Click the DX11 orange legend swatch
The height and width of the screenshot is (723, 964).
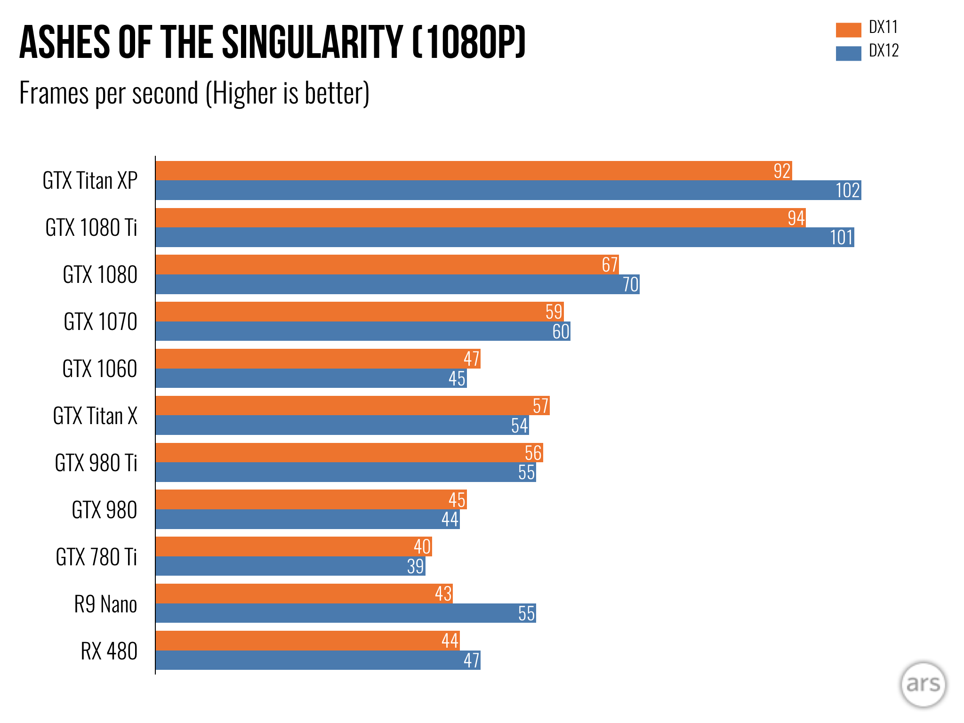(x=848, y=30)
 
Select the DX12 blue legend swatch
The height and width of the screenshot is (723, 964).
(x=848, y=53)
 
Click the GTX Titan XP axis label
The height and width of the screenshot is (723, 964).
(x=90, y=181)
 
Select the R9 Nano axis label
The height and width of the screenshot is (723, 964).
(x=105, y=604)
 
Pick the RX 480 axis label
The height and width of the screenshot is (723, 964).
(x=109, y=651)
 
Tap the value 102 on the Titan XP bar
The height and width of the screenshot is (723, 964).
(x=848, y=191)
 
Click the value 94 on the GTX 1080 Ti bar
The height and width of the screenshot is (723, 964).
(x=796, y=218)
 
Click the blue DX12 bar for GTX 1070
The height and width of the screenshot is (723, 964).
(x=362, y=331)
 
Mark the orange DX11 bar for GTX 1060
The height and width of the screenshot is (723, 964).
(x=318, y=359)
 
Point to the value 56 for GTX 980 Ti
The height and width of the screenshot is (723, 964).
(x=533, y=453)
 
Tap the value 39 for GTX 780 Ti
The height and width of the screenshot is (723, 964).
(x=416, y=566)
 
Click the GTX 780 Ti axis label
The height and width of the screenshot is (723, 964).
(x=96, y=557)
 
